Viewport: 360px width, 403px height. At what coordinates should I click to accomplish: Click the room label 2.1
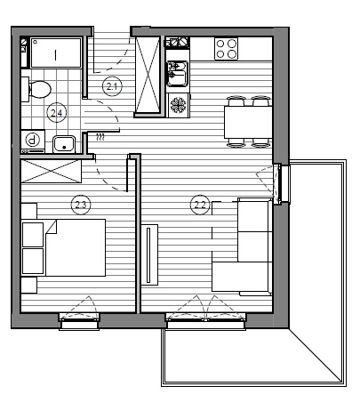point(112,86)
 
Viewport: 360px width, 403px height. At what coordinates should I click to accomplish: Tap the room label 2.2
point(200,205)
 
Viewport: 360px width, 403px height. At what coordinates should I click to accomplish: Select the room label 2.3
point(81,205)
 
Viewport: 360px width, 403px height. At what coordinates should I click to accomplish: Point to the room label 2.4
point(57,113)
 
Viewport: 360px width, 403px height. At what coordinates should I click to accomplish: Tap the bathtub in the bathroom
point(56,52)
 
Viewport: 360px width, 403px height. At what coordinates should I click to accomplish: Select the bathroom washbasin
point(64,144)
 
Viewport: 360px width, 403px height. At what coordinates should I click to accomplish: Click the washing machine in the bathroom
point(33,141)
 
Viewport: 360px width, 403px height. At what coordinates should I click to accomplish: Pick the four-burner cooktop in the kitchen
point(227,49)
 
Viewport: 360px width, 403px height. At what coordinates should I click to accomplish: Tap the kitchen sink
point(178,74)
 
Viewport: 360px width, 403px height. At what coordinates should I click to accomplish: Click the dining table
point(248,122)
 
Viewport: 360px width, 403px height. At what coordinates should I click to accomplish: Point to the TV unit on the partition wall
point(149,254)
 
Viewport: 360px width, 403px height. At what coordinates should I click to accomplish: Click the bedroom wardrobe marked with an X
point(51,171)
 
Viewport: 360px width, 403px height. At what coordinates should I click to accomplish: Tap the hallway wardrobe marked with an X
point(148,75)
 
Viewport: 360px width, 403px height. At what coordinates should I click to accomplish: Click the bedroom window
point(79,321)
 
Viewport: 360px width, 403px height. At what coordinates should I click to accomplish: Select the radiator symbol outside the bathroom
point(100,137)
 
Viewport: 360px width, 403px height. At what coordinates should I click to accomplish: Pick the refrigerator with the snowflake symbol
point(179,105)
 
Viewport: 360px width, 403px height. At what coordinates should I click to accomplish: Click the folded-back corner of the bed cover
point(51,227)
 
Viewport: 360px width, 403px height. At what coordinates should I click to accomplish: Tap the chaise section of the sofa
point(242,277)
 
